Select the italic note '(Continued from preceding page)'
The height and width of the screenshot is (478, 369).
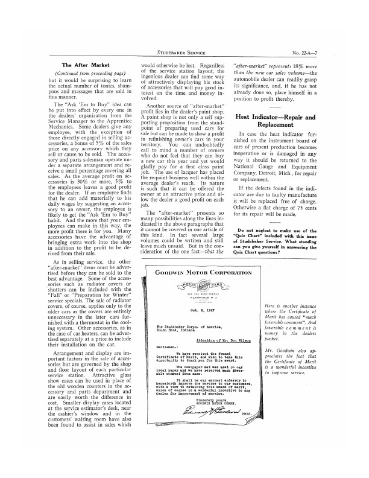82,74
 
